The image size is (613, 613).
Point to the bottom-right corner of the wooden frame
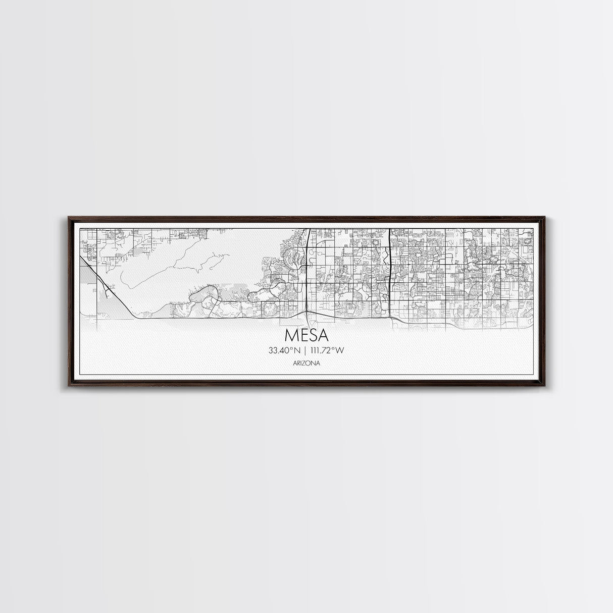(x=544, y=385)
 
